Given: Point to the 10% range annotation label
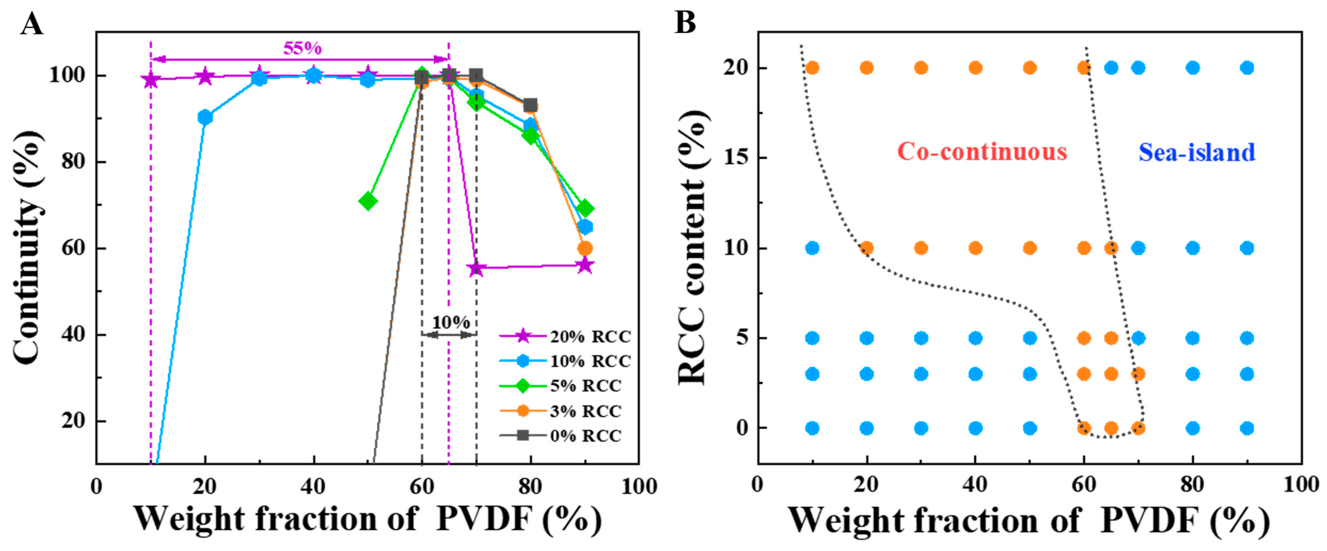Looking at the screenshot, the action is (x=451, y=322).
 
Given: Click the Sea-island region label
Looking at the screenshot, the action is (x=1197, y=152).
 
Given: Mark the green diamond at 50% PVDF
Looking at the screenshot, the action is (x=368, y=201).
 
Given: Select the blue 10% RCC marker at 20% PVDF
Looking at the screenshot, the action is (x=205, y=117).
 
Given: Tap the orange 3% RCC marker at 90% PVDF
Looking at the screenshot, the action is (x=585, y=248).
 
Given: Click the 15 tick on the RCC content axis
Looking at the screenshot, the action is (x=735, y=158).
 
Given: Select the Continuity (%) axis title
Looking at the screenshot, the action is (x=27, y=247).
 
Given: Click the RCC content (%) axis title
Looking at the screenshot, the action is (x=691, y=247).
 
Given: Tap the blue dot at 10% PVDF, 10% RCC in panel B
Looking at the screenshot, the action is (x=812, y=248).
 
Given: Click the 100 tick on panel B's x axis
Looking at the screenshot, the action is (x=1301, y=485).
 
